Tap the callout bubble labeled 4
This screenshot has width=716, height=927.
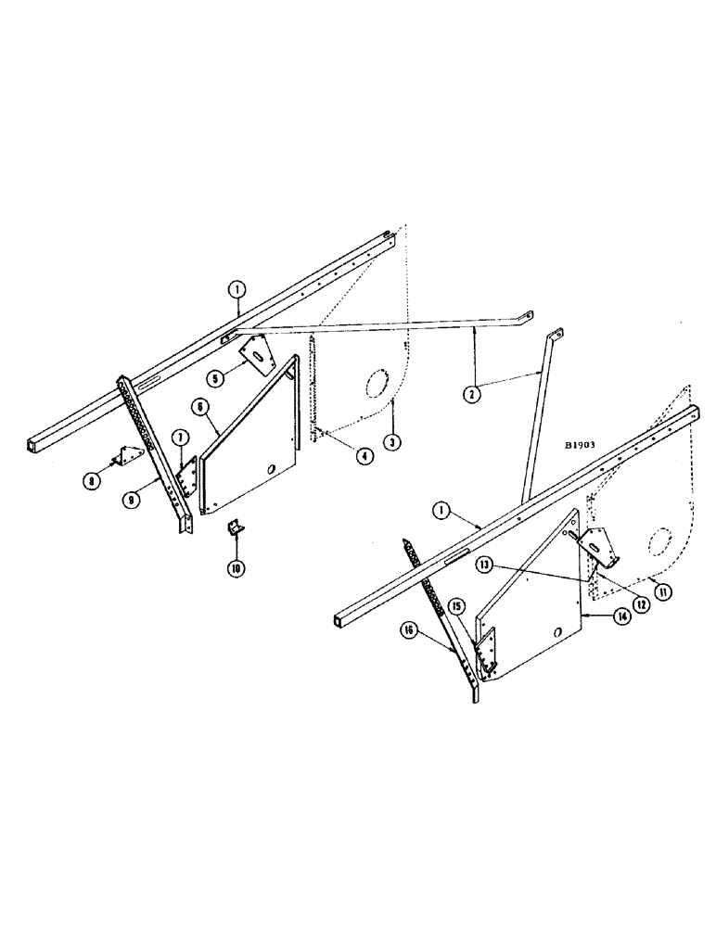tap(366, 458)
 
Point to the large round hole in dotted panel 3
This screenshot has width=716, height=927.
tap(377, 384)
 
